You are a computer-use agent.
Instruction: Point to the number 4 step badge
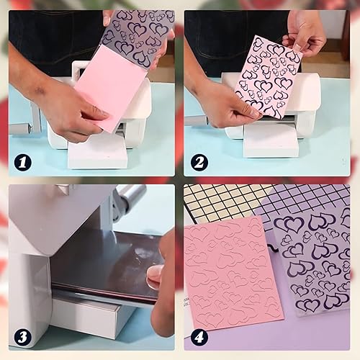[198, 336]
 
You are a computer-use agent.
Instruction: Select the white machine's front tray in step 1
[97, 151]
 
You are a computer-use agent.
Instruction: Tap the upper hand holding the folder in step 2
[306, 32]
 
